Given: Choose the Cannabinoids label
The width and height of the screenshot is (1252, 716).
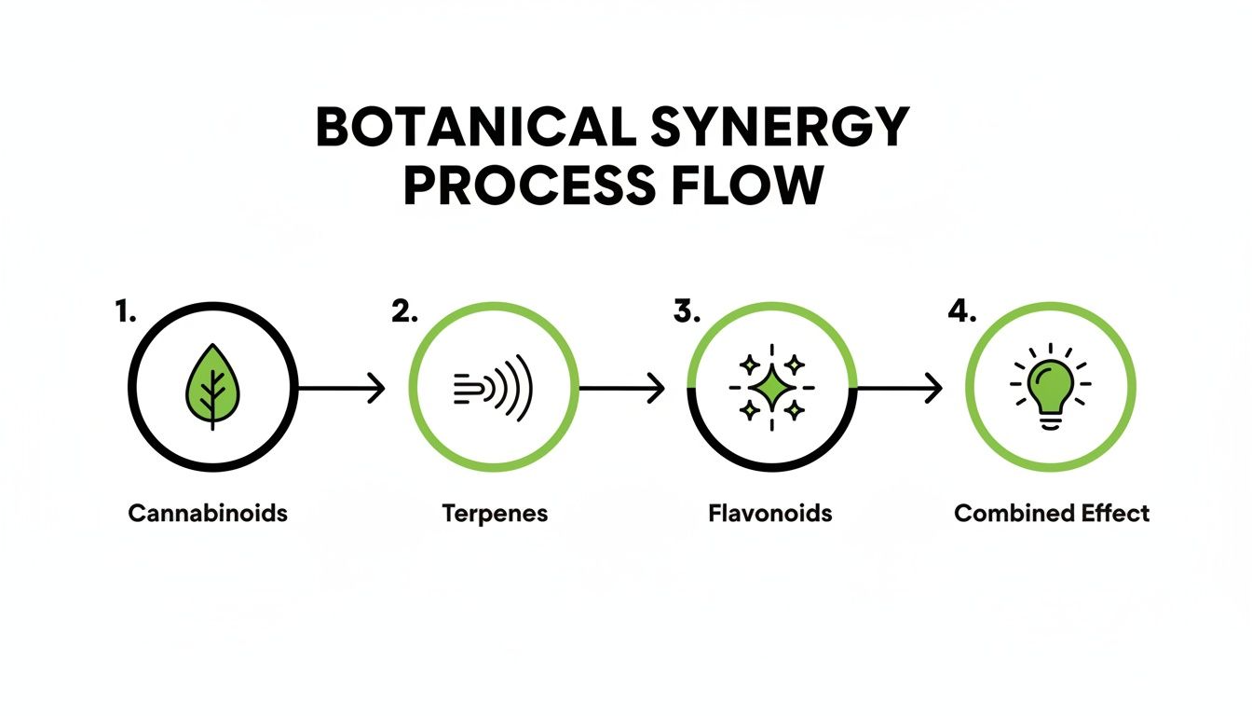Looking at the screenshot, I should coord(208,514).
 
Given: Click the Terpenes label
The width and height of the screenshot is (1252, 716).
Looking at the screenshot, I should coord(494,514).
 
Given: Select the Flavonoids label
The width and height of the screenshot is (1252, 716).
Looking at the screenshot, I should coord(771,514).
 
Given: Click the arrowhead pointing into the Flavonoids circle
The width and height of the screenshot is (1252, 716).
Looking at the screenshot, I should coord(659,389).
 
